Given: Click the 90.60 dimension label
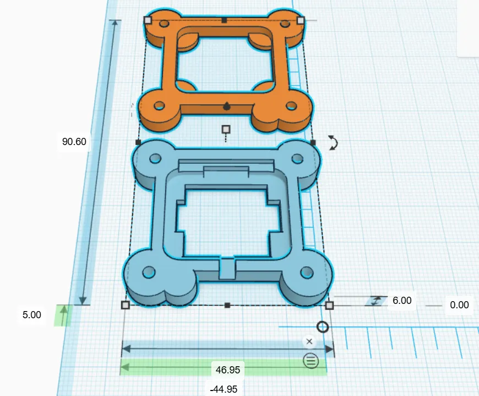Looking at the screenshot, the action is coord(74,142).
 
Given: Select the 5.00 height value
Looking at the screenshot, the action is coord(32,314).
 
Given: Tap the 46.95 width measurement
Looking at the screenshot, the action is coord(228,370).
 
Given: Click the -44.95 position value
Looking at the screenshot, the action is coord(224,389).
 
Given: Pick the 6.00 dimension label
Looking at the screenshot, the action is coord(402,301).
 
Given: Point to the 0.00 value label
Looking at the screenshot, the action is coord(459,305).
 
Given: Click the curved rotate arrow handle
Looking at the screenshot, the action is coord(333,143).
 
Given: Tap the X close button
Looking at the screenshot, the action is coord(309,341).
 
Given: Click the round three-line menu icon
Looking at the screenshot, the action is coord(311,361).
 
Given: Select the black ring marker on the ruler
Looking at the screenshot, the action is coord(323,327).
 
